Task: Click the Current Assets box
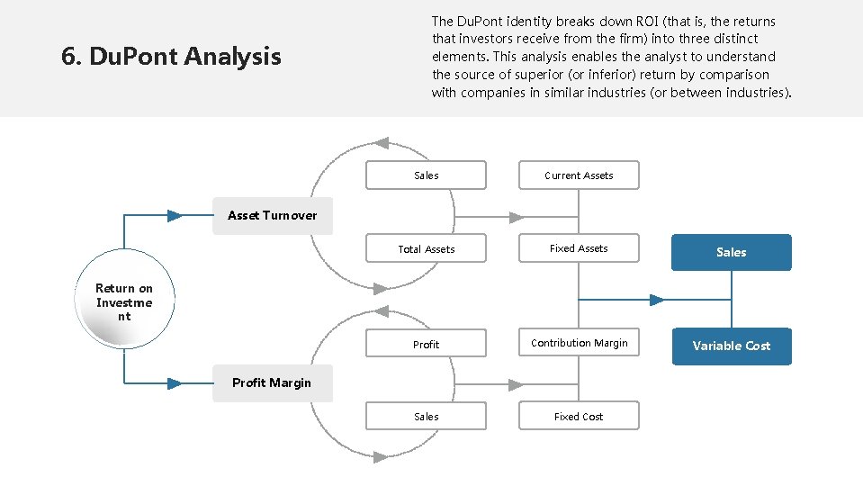point(579,175)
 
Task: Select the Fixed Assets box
point(579,248)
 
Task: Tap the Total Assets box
point(426,249)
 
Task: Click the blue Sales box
point(731,253)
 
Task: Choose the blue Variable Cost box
point(731,346)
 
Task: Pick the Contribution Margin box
point(579,343)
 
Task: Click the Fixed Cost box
point(579,417)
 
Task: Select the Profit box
point(426,345)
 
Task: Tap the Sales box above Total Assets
point(426,175)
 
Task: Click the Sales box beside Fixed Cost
point(426,417)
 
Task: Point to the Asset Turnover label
point(272,216)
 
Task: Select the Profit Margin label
point(272,383)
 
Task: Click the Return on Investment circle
point(124,302)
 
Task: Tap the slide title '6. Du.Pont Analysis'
point(171,57)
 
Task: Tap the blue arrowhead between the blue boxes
point(656,300)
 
